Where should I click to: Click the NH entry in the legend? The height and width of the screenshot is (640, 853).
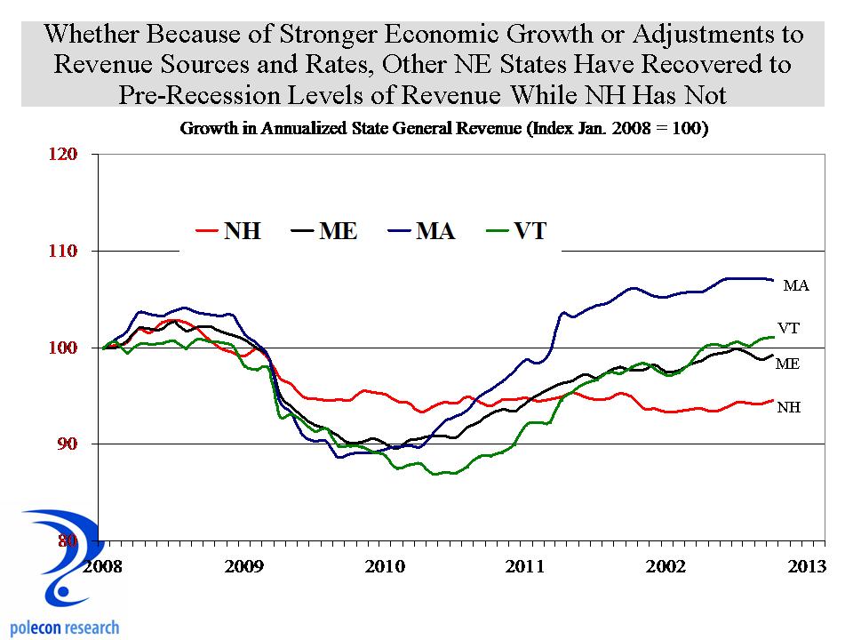coord(228,232)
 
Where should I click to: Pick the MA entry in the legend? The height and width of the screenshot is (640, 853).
coord(422,232)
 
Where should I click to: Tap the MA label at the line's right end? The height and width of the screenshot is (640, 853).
coord(796,286)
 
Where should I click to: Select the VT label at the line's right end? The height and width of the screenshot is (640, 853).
coord(789,328)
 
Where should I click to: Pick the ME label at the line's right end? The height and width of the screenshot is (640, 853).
coord(788,364)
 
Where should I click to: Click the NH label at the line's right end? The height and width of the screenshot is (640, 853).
coord(789,408)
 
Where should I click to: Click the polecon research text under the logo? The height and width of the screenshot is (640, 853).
coord(64,628)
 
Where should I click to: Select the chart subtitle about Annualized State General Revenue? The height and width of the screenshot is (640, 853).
coord(443,129)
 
